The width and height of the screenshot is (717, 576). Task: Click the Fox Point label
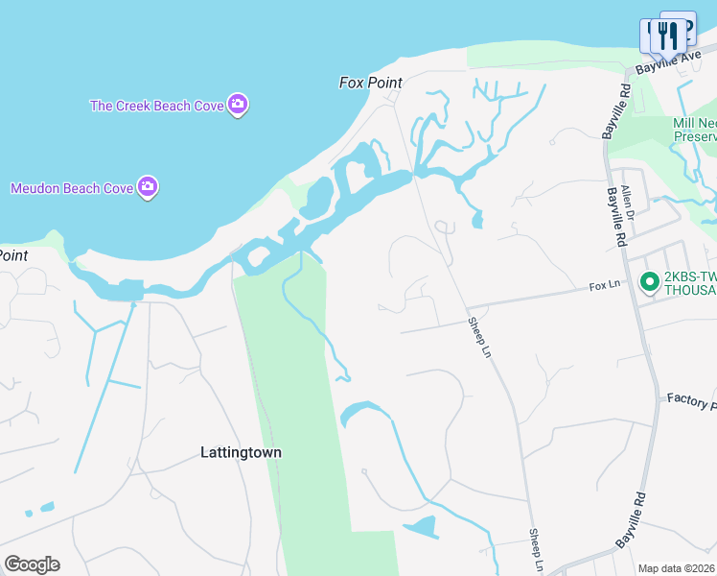pyautogui.click(x=370, y=83)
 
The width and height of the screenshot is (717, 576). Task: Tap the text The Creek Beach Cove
pyautogui.click(x=156, y=106)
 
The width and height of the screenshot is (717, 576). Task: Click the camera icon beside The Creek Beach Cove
pyautogui.click(x=238, y=105)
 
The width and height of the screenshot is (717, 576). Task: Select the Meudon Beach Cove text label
pyautogui.click(x=71, y=188)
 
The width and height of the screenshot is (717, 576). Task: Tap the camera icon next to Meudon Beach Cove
pyautogui.click(x=147, y=187)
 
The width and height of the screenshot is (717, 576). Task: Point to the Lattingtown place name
pyautogui.click(x=241, y=452)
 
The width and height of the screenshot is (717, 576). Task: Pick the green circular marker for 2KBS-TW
pyautogui.click(x=649, y=281)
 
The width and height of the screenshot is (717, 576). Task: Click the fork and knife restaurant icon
pyautogui.click(x=666, y=36)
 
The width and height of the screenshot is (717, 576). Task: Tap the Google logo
pyautogui.click(x=32, y=564)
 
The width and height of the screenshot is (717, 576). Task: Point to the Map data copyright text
pyautogui.click(x=677, y=568)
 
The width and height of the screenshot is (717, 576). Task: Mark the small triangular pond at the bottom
pyautogui.click(x=421, y=527)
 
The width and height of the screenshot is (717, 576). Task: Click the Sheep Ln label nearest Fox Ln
pyautogui.click(x=479, y=338)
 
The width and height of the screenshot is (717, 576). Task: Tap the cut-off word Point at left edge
pyautogui.click(x=12, y=255)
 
